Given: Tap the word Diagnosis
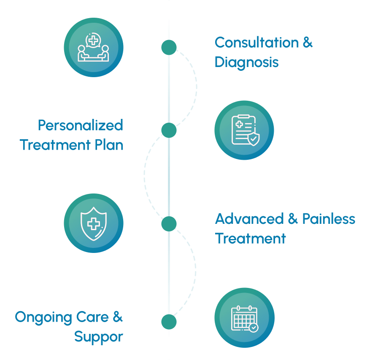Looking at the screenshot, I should point(246,62).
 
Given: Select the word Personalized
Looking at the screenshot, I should point(81,125).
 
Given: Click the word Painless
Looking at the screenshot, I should point(329,219).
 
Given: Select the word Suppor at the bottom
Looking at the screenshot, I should point(99,336).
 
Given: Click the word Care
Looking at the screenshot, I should point(91,317).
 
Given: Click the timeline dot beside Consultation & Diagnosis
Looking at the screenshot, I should point(169,47).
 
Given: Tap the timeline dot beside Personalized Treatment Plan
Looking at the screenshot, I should point(169,130).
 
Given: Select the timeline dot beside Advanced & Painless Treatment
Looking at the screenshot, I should point(169,224).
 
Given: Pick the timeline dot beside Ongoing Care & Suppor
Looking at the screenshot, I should point(169,322).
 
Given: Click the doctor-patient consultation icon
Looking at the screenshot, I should point(94,47).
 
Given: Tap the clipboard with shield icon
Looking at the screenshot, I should point(244,130).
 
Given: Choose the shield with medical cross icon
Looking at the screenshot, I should point(94,223).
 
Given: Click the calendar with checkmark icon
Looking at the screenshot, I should point(244,318).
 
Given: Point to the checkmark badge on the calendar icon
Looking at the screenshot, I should point(253,327).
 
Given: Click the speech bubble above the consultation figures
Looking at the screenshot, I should point(93,41).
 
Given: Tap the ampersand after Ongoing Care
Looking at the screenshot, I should point(118,317).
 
